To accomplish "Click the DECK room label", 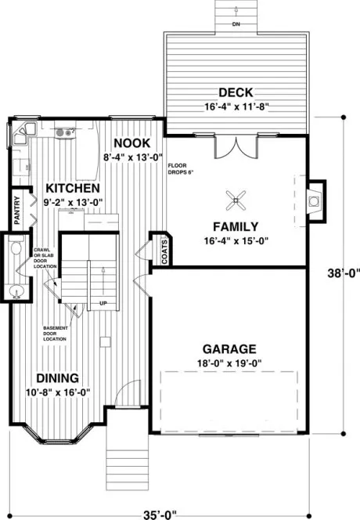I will pyautogui.click(x=235, y=92).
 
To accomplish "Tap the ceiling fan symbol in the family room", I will pyautogui.click(x=234, y=201).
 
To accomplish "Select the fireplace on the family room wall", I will pyautogui.click(x=315, y=201).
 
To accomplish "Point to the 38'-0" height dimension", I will pyautogui.click(x=344, y=274).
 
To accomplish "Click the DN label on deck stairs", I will pyautogui.click(x=236, y=24).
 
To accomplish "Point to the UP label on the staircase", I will pyautogui.click(x=103, y=303).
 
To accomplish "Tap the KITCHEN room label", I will pyautogui.click(x=71, y=189).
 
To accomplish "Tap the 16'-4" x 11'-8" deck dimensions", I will pyautogui.click(x=235, y=107).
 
